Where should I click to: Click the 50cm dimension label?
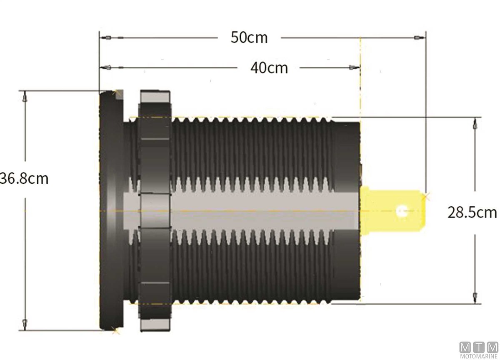249,37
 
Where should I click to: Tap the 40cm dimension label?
269,68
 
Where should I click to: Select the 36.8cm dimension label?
24,179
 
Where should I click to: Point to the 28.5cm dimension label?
472,212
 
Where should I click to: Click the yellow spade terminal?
393,211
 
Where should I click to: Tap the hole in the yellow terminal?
402,211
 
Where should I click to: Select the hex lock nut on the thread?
155,211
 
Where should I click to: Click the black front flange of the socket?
112,210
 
